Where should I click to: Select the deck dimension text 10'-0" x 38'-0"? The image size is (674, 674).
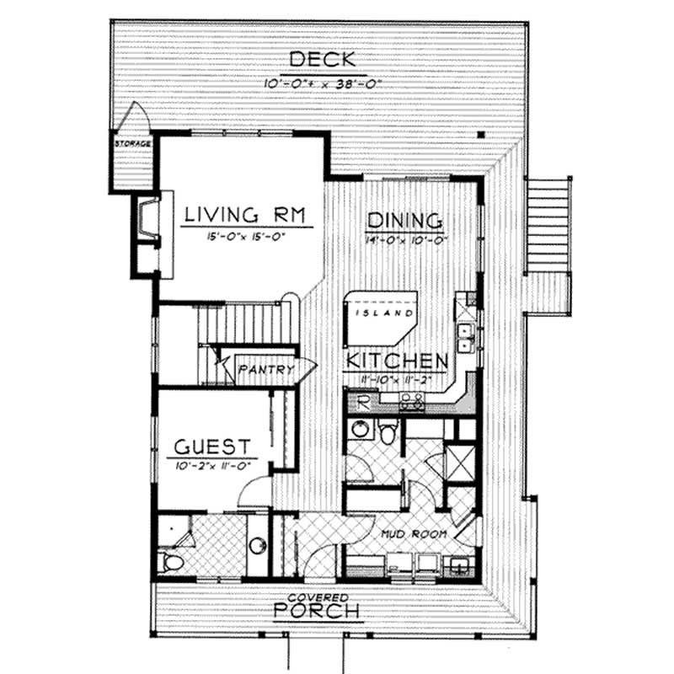[x=322, y=83]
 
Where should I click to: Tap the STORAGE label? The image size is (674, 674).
[x=133, y=144]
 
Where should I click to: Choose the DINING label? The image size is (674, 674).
[x=404, y=222]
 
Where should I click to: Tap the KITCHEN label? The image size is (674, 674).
[x=395, y=361]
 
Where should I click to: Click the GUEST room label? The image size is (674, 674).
[x=211, y=446]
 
